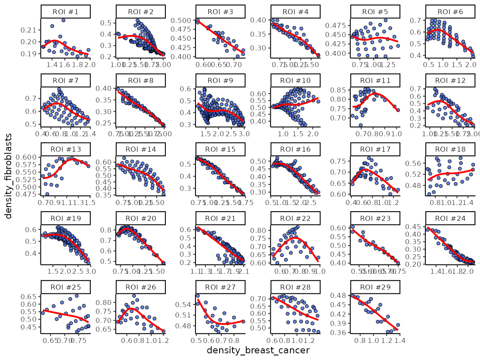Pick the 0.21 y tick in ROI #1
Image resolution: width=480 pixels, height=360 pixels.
pyautogui.click(x=31, y=30)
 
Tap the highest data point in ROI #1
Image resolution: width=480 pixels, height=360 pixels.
pyautogui.click(x=63, y=20)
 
